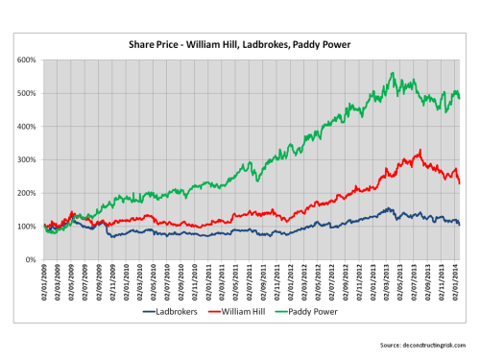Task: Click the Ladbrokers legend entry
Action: (179, 311)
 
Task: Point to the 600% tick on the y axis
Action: (26, 60)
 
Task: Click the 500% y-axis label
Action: (26, 93)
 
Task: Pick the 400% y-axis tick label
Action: (26, 127)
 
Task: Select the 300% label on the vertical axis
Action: (26, 160)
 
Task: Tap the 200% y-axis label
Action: (26, 193)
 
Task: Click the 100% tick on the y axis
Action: (26, 227)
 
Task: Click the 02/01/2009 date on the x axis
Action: (46, 281)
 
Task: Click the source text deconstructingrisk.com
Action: (423, 343)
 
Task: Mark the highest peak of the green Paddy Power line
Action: (392, 73)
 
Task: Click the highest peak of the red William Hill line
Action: (420, 151)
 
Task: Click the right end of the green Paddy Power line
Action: (460, 97)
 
